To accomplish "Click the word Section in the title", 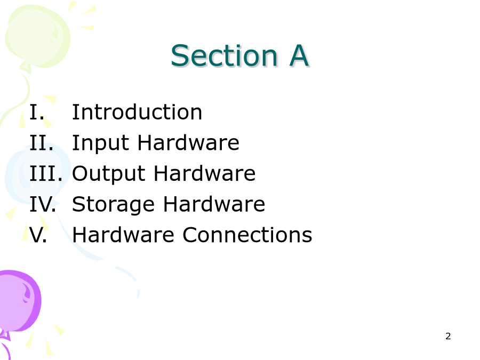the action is pyautogui.click(x=224, y=55).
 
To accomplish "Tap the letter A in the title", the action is pyautogui.click(x=299, y=55).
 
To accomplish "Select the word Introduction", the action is pyautogui.click(x=137, y=112).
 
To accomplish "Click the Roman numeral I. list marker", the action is pyautogui.click(x=37, y=112).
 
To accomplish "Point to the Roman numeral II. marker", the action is pyautogui.click(x=41, y=142).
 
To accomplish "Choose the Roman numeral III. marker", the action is pyautogui.click(x=46, y=173).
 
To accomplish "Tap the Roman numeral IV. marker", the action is pyautogui.click(x=43, y=204).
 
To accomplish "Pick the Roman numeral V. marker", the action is pyautogui.click(x=38, y=235).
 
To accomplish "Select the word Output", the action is pyautogui.click(x=109, y=174).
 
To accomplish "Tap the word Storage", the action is pyautogui.click(x=113, y=205).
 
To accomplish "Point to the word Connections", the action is pyautogui.click(x=247, y=235).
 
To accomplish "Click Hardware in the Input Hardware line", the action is pyautogui.click(x=188, y=142).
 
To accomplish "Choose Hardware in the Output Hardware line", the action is pyautogui.click(x=204, y=173).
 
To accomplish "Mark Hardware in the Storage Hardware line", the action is pyautogui.click(x=214, y=204).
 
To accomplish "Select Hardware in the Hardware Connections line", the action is pyautogui.click(x=123, y=235).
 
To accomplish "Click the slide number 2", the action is pyautogui.click(x=448, y=336).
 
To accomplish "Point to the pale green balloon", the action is pyautogui.click(x=37, y=37).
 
